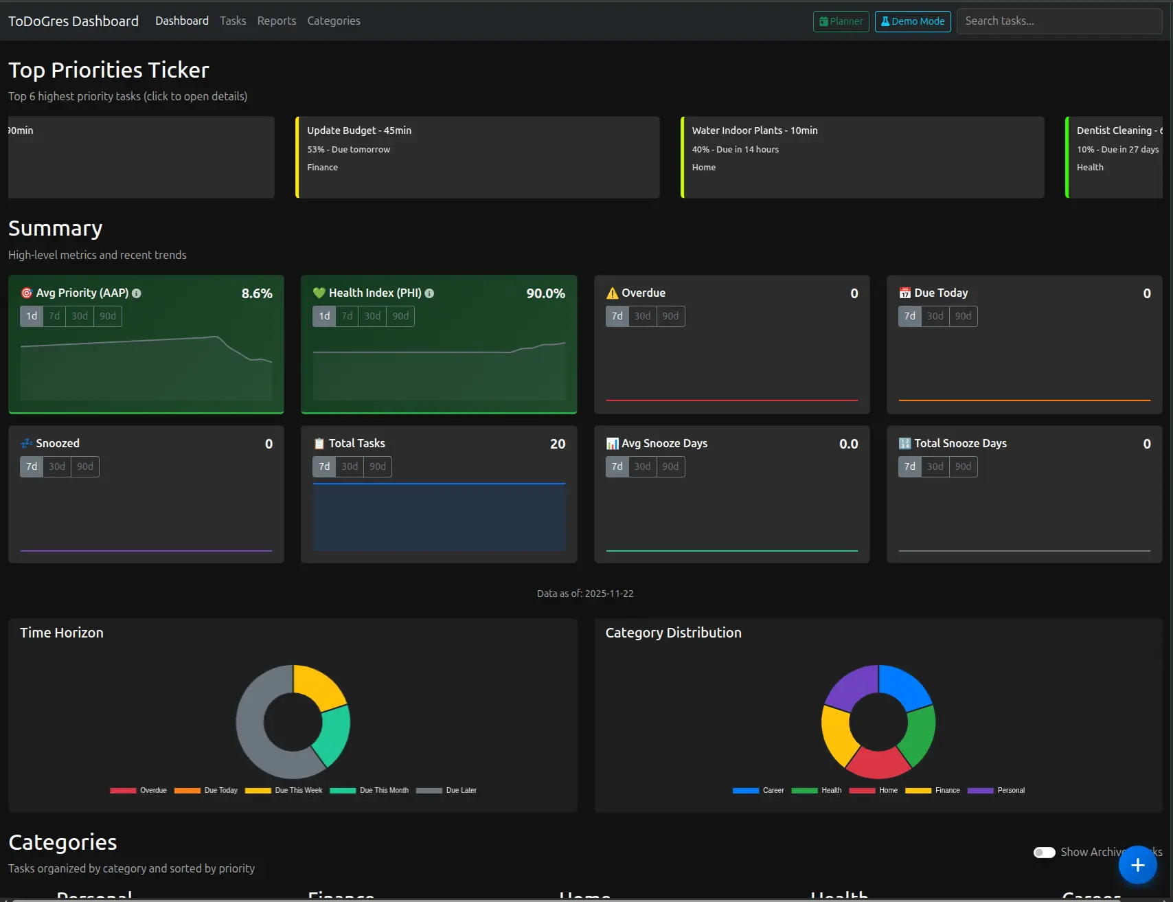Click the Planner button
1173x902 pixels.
(x=841, y=21)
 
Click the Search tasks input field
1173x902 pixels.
(x=1058, y=21)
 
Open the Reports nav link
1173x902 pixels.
(x=277, y=21)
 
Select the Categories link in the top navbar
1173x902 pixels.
(x=334, y=21)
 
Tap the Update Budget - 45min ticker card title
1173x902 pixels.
(x=359, y=131)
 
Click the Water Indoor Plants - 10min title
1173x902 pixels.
(x=755, y=131)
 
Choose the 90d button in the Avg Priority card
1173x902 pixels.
(x=108, y=316)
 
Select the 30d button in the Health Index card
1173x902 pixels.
(x=372, y=316)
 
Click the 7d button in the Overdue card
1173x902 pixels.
(x=617, y=316)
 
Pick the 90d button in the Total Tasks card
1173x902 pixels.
(x=378, y=466)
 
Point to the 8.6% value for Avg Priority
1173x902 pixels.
(x=257, y=293)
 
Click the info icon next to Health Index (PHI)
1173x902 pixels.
(x=429, y=293)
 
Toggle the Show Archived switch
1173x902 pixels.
(x=1044, y=853)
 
